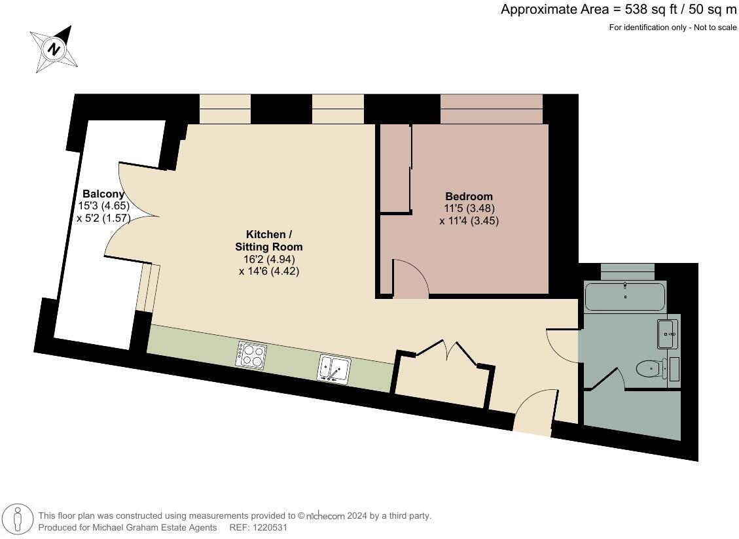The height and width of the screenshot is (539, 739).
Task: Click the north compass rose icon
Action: tap(55, 49)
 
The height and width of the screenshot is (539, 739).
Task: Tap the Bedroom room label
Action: tap(469, 196)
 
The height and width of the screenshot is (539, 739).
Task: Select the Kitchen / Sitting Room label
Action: tap(269, 241)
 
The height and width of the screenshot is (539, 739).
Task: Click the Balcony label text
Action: tap(103, 194)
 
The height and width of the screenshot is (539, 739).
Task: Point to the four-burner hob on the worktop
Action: tap(251, 355)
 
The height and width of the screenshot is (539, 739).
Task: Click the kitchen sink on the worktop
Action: tap(334, 368)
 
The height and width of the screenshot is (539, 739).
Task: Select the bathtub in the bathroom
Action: tap(624, 296)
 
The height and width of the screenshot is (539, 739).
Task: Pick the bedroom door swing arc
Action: tap(410, 278)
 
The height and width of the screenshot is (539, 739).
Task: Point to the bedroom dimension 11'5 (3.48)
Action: tap(469, 209)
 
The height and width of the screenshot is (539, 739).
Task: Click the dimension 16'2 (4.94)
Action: tap(269, 259)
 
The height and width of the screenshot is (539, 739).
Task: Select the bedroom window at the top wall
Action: tap(491, 109)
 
